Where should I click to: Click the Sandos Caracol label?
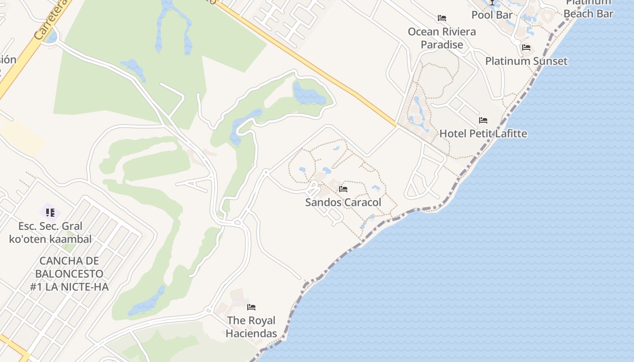coord(343,202)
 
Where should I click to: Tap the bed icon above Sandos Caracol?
coord(343,189)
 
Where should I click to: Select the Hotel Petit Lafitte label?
coord(483,133)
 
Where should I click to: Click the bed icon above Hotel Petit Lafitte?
coord(483,120)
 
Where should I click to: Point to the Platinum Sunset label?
coord(526,61)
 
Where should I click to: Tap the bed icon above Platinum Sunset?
coord(526,47)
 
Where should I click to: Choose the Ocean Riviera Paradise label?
coord(442,38)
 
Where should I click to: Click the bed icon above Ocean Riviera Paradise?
coord(442,18)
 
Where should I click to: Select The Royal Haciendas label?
coord(251,327)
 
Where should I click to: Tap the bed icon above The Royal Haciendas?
coord(251,307)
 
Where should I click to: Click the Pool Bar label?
coord(492,15)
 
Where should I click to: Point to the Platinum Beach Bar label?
coord(589,8)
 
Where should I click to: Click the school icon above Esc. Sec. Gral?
coord(50,212)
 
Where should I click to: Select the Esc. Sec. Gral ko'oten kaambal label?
coord(50,233)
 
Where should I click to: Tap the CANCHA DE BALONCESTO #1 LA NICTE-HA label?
coord(69,273)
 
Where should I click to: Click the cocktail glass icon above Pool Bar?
coord(492,2)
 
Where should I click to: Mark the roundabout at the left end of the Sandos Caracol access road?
coord(266,172)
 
